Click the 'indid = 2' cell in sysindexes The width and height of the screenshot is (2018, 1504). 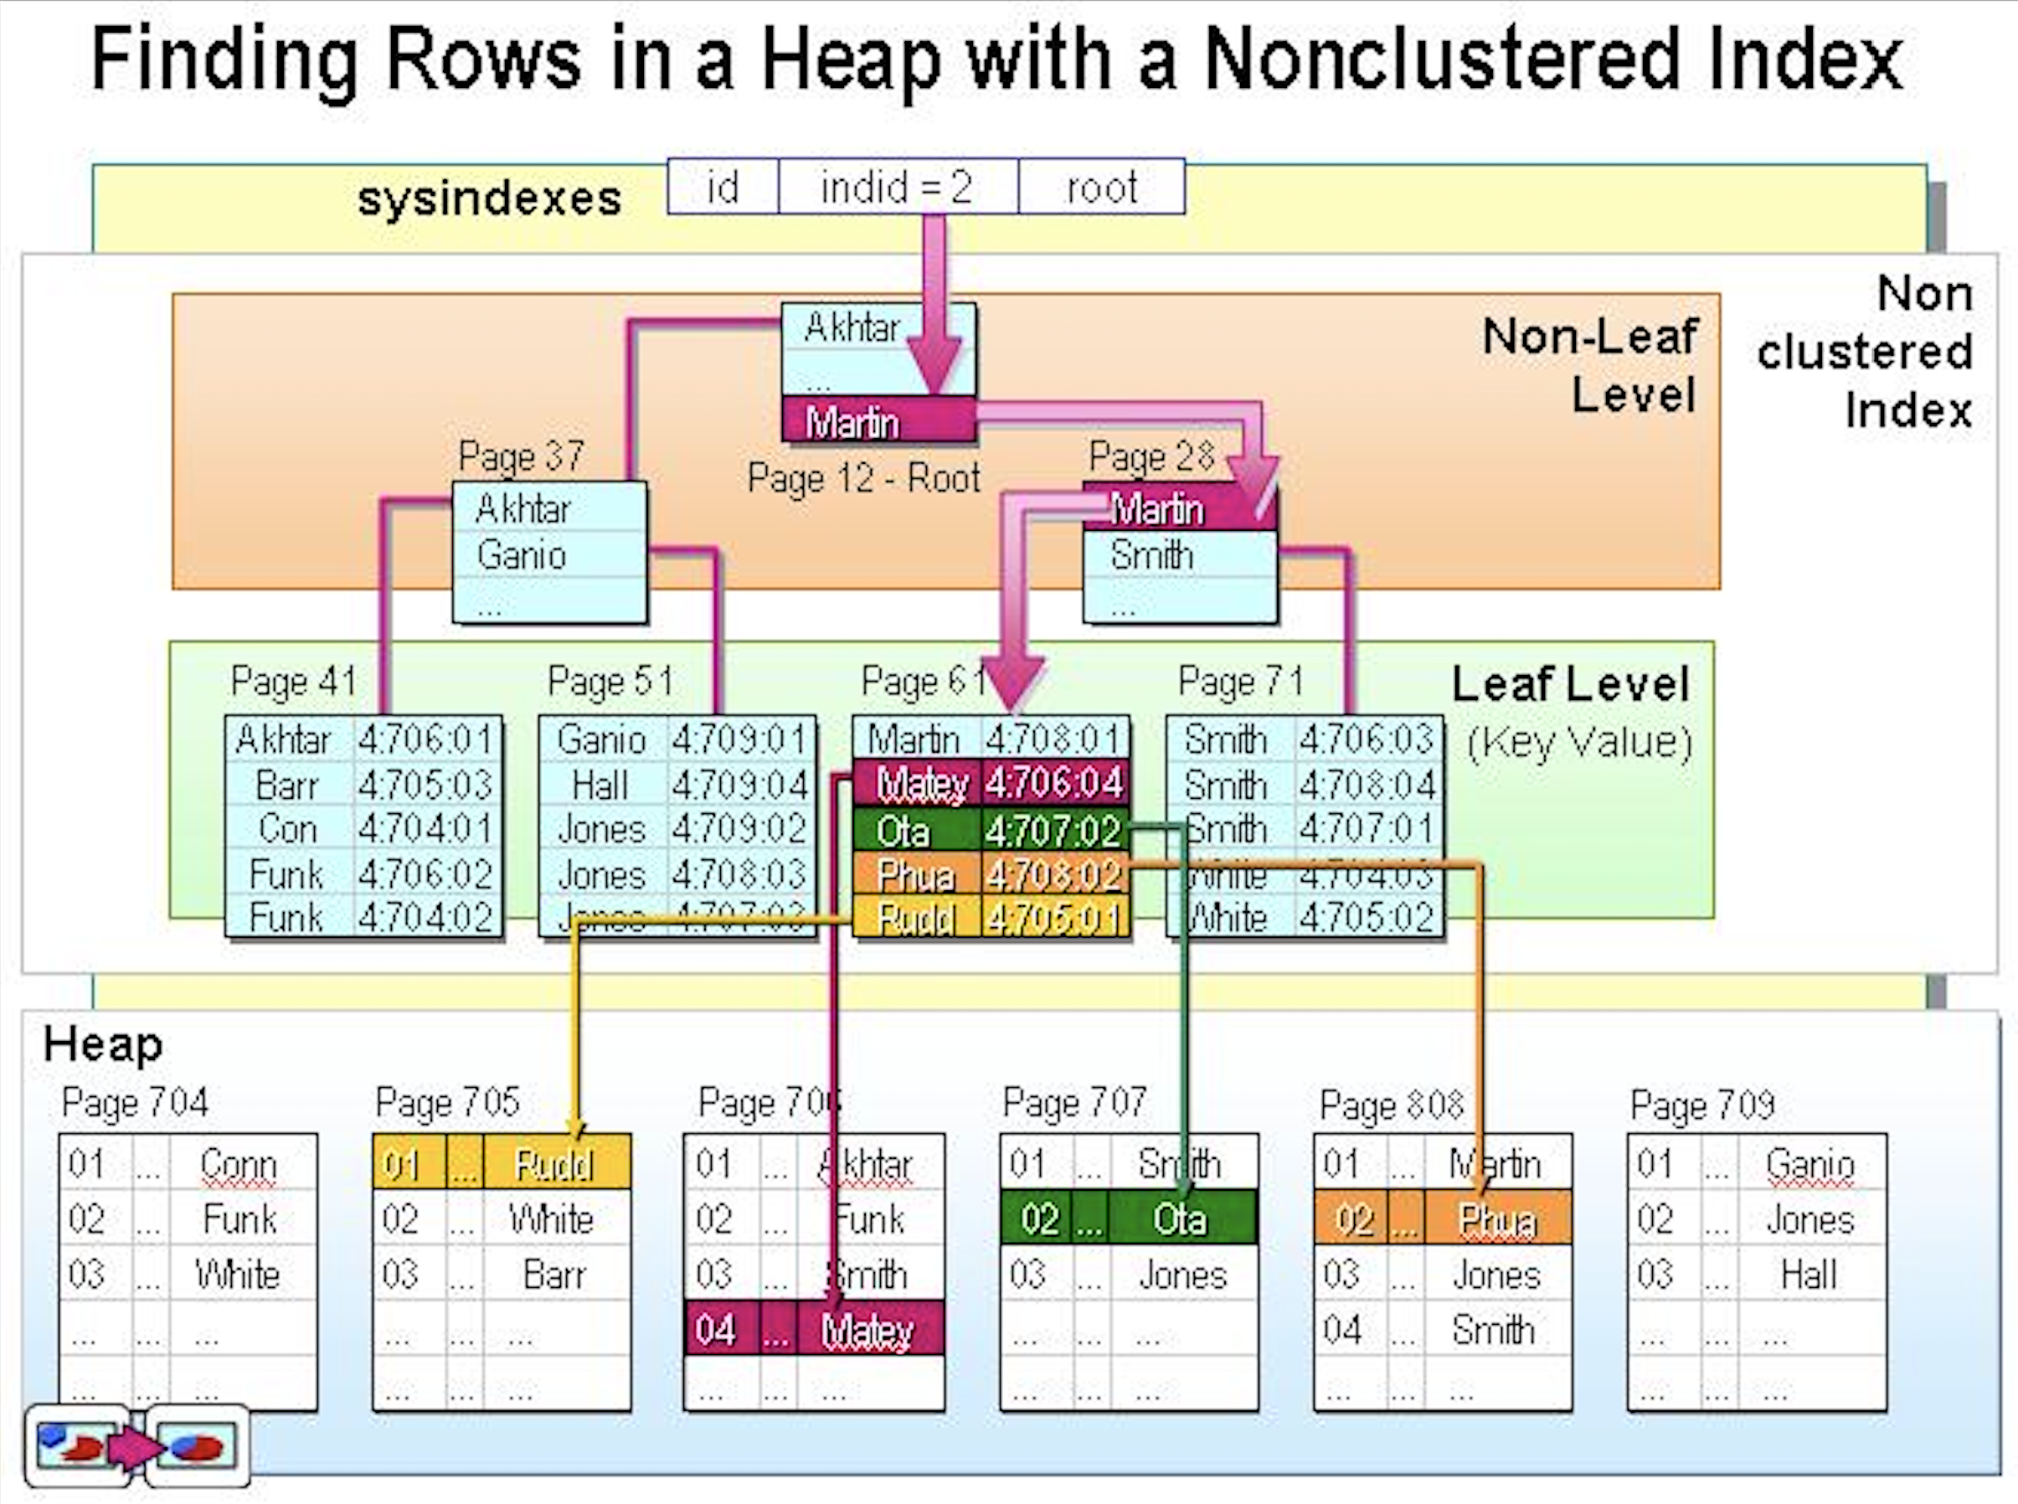(898, 188)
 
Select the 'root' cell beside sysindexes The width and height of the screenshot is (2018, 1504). (1101, 188)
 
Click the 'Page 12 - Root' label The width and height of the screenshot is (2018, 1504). (863, 478)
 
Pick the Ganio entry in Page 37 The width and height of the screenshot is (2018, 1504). (522, 555)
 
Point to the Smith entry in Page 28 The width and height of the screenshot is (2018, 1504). (1151, 555)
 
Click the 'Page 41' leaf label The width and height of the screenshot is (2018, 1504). (293, 681)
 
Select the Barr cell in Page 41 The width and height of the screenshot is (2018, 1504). (288, 785)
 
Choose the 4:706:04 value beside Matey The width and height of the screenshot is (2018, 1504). (1054, 783)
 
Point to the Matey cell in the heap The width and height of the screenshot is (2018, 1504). (867, 1330)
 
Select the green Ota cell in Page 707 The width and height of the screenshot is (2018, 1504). (1180, 1219)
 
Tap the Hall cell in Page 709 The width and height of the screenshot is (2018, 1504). (1809, 1275)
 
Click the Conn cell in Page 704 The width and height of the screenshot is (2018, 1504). (238, 1164)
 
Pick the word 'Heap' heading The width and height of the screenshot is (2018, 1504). (103, 1044)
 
